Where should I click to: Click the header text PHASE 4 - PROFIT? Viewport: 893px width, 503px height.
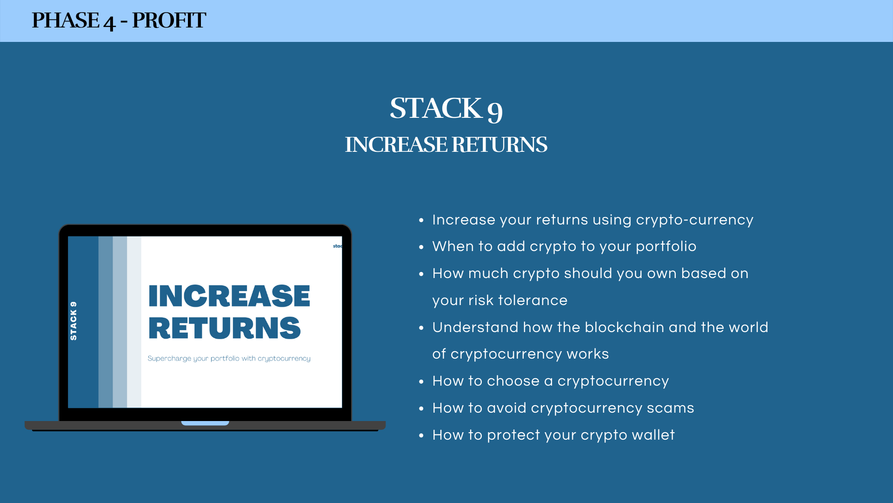pos(119,20)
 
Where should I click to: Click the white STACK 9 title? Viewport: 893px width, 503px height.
pos(446,109)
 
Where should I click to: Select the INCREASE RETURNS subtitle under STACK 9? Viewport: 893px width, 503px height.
pos(446,144)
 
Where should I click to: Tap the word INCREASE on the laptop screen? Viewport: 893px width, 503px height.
pos(229,296)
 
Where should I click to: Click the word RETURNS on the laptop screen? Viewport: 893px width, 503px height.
pos(225,328)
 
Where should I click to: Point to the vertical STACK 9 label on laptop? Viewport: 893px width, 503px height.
pos(73,321)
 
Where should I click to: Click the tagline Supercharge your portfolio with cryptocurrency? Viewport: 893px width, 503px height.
pos(229,358)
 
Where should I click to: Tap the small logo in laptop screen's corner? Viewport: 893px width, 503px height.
pos(338,246)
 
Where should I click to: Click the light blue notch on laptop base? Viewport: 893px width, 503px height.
pos(205,423)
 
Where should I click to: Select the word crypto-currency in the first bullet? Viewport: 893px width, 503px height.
pos(694,220)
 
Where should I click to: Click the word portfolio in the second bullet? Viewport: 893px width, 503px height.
pos(666,247)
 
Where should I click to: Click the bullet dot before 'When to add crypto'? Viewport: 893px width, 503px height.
pos(421,247)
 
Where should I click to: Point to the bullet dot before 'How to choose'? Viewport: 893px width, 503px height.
pos(421,381)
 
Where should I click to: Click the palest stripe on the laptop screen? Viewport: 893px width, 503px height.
pos(134,322)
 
